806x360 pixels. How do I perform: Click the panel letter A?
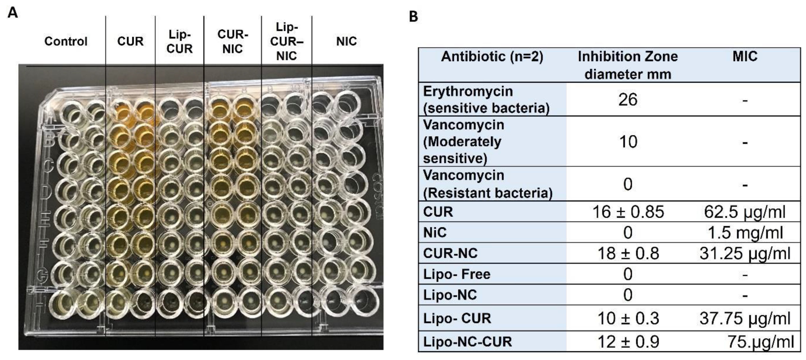(13, 13)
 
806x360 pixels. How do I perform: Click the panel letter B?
(413, 16)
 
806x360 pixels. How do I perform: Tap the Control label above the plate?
(66, 41)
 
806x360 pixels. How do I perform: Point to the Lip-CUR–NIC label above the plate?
(287, 42)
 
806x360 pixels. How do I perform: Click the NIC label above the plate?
(346, 41)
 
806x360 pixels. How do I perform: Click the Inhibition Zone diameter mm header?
(628, 65)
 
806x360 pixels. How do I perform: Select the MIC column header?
(745, 57)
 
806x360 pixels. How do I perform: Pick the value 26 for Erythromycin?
(628, 100)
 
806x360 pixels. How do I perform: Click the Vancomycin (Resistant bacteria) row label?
(487, 184)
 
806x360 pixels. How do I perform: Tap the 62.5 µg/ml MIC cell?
(745, 212)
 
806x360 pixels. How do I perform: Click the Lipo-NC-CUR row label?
(467, 342)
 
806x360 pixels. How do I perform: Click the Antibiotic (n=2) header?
(492, 57)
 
